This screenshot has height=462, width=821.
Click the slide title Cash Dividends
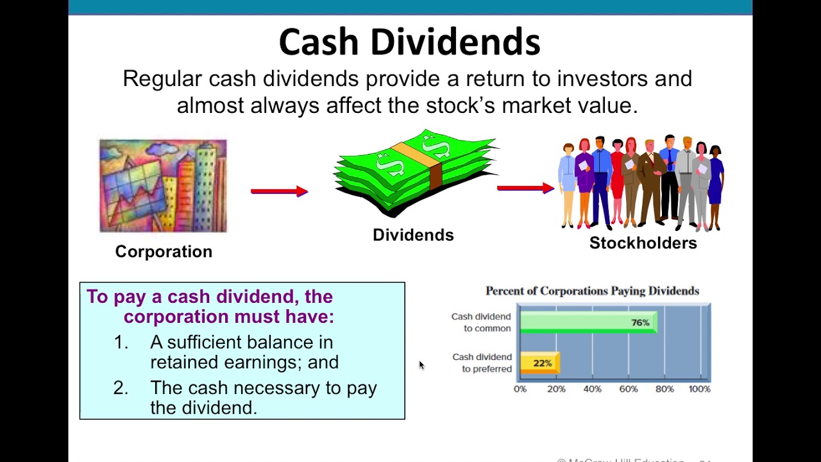[409, 42]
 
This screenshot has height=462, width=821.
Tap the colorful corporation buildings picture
[163, 185]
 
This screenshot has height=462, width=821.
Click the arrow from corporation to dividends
[280, 191]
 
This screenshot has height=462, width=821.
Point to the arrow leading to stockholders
[525, 188]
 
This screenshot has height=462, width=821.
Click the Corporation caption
[164, 252]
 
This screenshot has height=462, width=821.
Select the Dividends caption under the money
[413, 235]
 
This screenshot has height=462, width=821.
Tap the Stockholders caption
[643, 243]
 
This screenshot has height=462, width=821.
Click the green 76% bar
[588, 323]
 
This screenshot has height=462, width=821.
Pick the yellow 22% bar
[539, 363]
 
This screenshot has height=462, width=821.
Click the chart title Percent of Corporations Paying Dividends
[592, 291]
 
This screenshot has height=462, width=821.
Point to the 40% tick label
[592, 389]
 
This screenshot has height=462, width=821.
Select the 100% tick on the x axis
[699, 389]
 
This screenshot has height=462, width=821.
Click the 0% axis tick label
[520, 389]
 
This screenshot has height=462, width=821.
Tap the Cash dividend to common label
[481, 322]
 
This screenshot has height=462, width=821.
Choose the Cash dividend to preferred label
[482, 363]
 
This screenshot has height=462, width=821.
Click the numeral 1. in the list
[121, 343]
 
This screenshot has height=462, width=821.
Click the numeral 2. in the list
[121, 388]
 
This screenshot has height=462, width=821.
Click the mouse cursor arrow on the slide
[421, 365]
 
